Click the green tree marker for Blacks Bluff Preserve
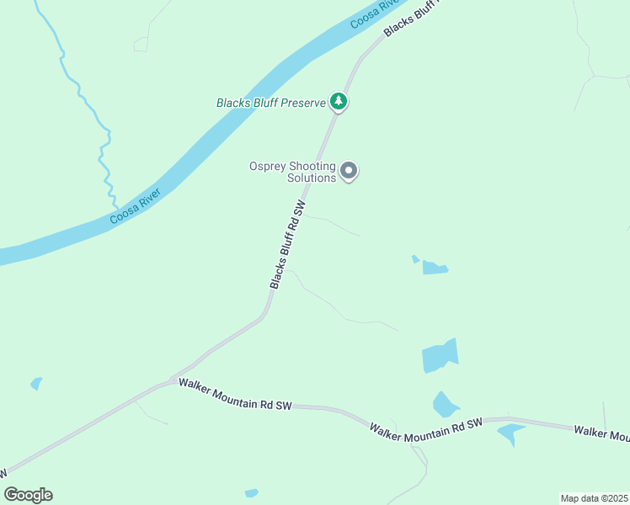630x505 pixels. click(339, 102)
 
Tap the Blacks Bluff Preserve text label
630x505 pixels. click(270, 103)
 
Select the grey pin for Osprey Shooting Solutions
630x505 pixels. click(349, 173)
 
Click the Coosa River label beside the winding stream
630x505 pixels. click(135, 207)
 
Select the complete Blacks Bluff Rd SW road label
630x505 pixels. click(287, 245)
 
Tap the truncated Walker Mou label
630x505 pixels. click(601, 433)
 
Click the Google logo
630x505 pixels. click(28, 495)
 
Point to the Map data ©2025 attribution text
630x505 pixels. click(594, 497)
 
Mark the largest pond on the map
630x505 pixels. click(439, 357)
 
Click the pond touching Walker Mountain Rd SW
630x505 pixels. click(510, 433)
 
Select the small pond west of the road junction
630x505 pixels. click(36, 384)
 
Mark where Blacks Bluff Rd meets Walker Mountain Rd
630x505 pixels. click(173, 380)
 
